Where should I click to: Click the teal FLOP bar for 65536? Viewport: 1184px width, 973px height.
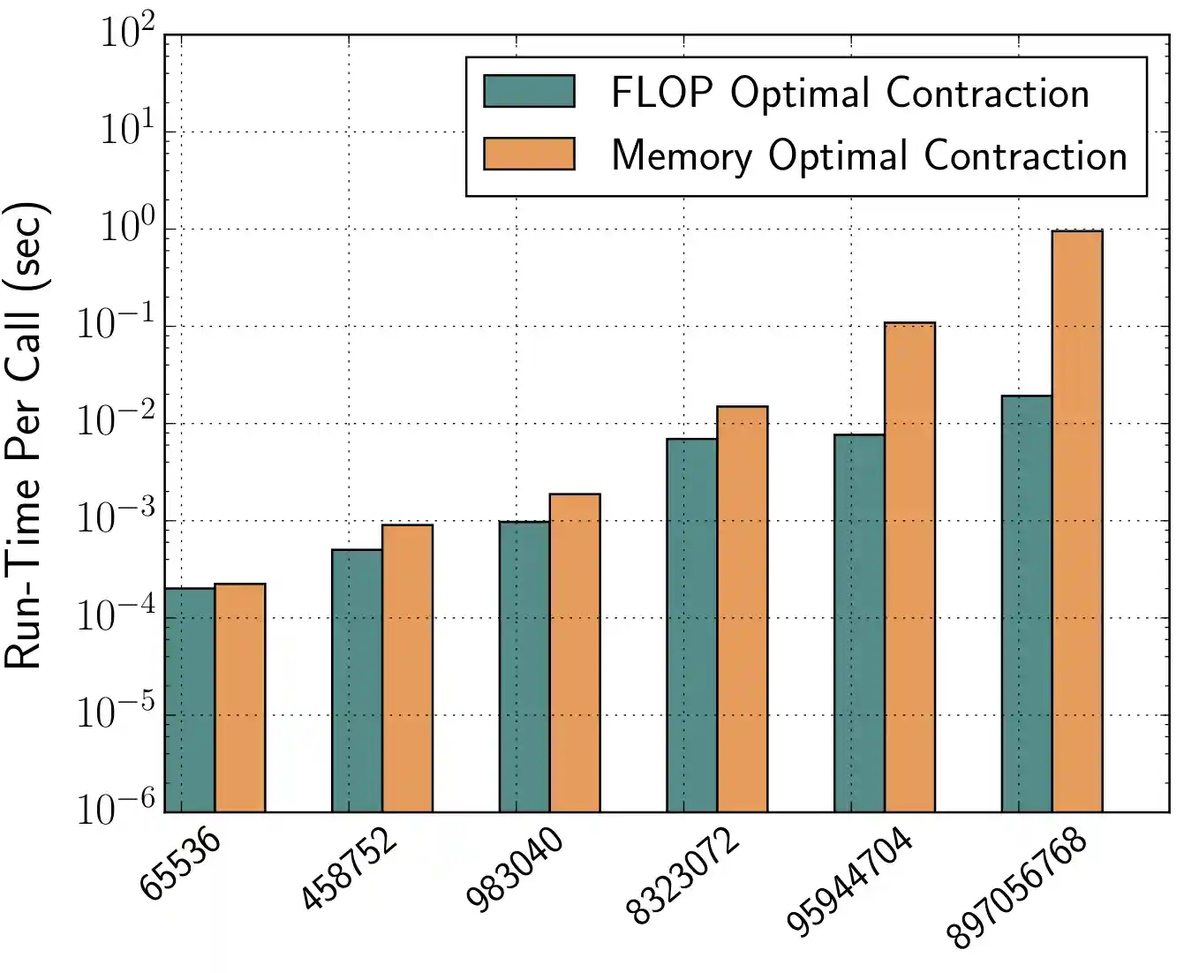tap(190, 699)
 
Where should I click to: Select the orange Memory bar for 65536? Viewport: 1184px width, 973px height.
tap(240, 698)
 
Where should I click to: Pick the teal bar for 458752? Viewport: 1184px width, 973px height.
tap(357, 680)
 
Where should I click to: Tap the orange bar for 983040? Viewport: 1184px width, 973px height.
tap(575, 652)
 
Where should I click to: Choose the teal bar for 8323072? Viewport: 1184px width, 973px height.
tap(691, 625)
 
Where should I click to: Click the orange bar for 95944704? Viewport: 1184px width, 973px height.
tap(909, 567)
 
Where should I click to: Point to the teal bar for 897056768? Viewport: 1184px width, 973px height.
tap(1026, 603)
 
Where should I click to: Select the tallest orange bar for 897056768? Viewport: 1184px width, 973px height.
tap(1077, 521)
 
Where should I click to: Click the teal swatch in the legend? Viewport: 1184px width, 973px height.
tap(529, 91)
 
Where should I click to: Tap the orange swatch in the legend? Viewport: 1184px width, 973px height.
tap(529, 154)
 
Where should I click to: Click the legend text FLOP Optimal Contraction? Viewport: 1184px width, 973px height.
tap(850, 93)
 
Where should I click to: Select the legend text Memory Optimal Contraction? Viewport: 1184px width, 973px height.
tap(870, 155)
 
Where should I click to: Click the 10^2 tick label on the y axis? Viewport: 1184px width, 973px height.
tap(127, 35)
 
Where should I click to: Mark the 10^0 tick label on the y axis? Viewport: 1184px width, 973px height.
tap(127, 229)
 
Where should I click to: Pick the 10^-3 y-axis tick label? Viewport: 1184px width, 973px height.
tap(116, 519)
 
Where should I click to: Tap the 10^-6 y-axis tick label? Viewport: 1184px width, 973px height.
tap(116, 809)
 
